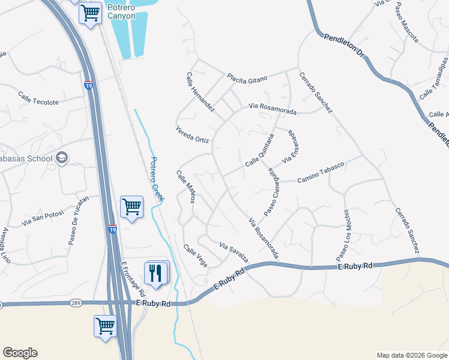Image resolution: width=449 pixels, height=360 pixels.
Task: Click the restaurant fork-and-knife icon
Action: (156, 272)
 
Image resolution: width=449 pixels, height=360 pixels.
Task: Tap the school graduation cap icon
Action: (62, 158)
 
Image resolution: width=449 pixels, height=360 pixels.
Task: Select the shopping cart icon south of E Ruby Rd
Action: (105, 326)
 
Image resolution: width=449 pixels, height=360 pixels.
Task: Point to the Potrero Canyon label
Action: (121, 11)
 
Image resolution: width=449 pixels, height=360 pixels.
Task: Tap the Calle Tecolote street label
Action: (38, 98)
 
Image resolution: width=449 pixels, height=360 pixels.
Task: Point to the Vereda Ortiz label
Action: (192, 135)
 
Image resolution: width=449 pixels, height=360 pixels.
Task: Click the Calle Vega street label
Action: (196, 256)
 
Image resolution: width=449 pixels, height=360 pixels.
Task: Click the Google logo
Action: (20, 353)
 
